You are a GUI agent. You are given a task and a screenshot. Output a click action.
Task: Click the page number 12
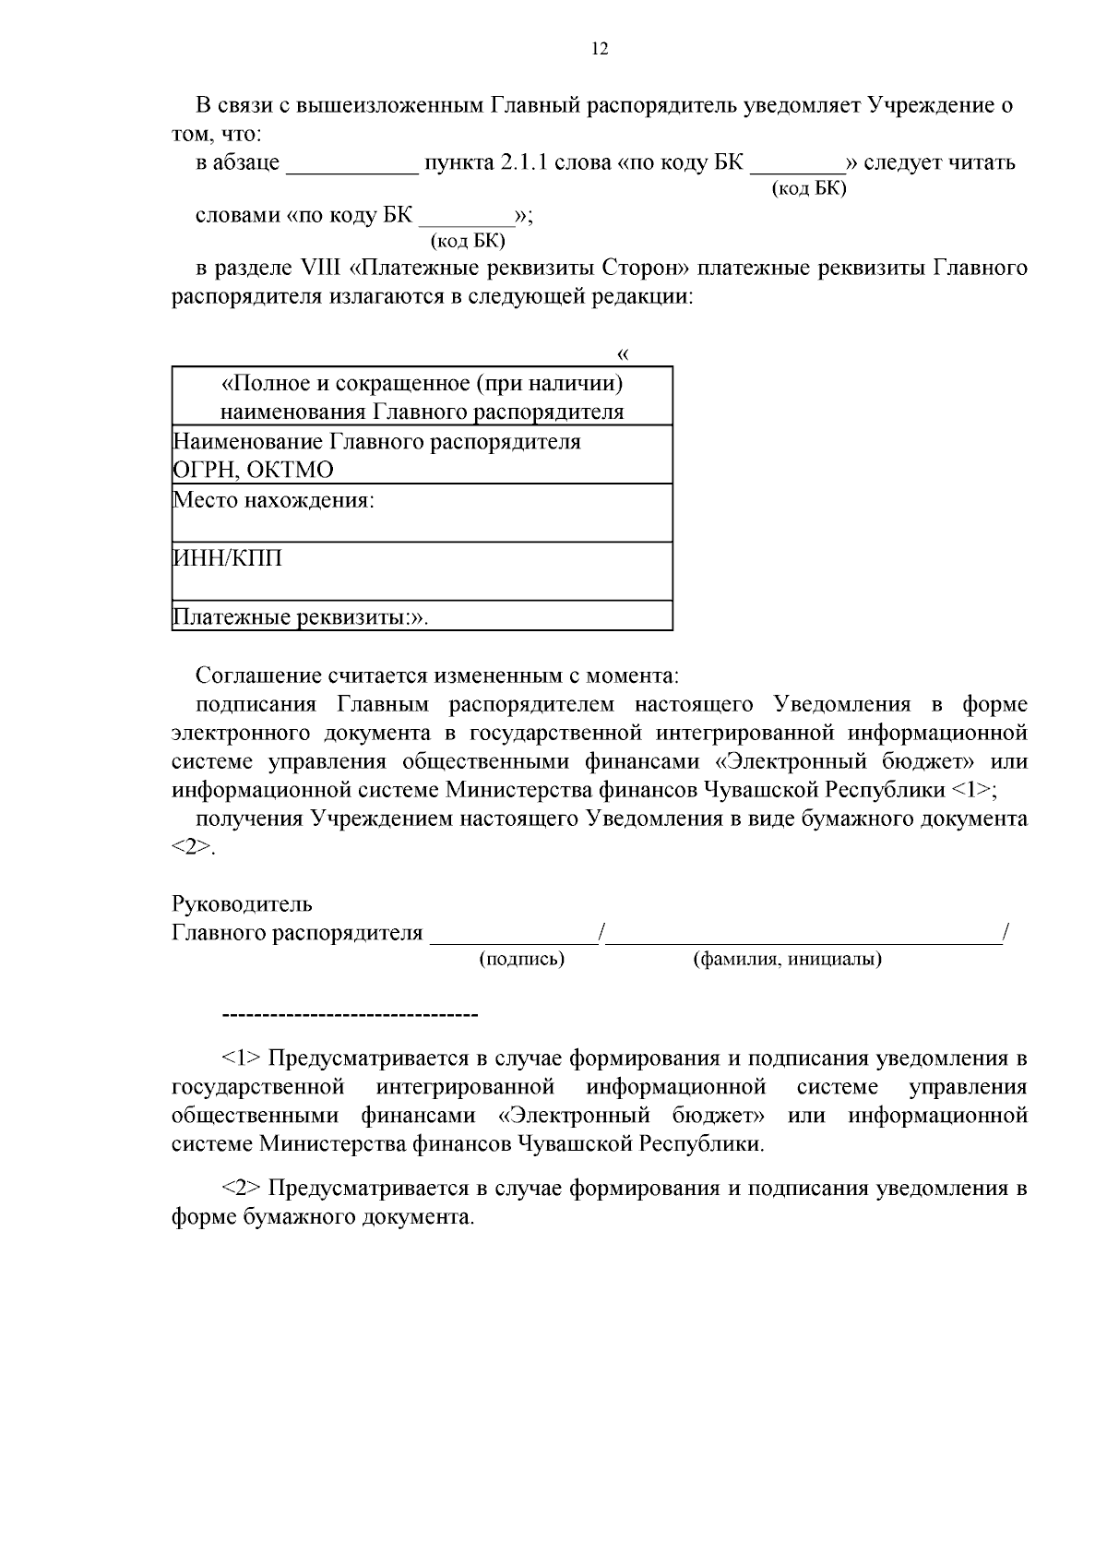(599, 50)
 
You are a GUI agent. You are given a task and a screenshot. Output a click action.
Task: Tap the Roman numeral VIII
(321, 269)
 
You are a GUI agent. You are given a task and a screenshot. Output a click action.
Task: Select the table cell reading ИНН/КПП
(422, 570)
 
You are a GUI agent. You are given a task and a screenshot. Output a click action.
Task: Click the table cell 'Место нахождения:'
(422, 512)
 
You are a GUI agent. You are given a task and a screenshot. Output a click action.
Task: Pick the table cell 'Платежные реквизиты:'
(422, 616)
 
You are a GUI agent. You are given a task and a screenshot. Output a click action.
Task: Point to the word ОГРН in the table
(206, 471)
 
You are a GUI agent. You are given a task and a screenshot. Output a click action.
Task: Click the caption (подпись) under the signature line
(521, 959)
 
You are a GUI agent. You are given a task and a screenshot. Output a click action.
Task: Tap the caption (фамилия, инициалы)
(787, 959)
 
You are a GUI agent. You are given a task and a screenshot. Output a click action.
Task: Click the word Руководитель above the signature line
(242, 904)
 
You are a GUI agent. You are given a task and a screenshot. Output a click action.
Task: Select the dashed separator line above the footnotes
(351, 1016)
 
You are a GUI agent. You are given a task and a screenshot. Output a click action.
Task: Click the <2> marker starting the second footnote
(242, 1188)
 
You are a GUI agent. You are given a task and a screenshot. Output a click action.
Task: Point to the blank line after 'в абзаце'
(352, 167)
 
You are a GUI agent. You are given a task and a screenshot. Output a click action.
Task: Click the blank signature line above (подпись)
(515, 939)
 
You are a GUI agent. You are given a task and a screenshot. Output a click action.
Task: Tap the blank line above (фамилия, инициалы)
(803, 939)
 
